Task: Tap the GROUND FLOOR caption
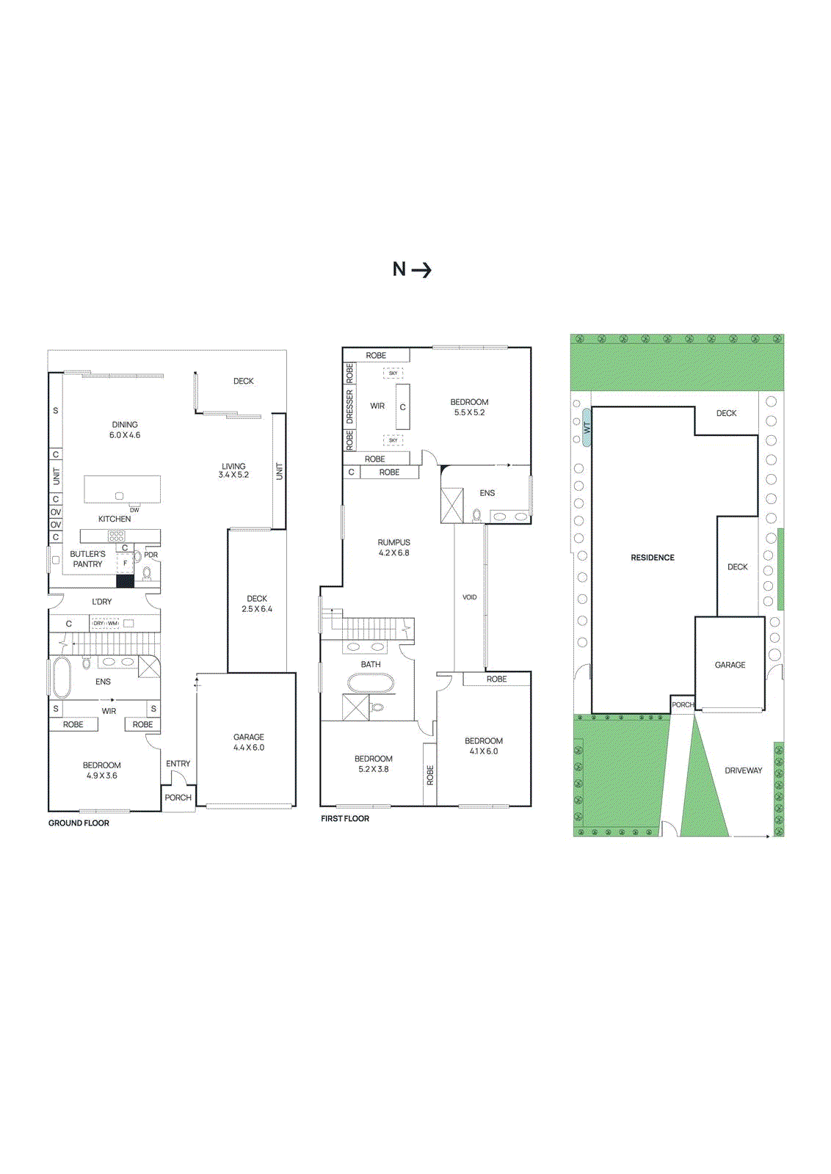click(x=79, y=823)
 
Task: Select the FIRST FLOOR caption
click(x=345, y=819)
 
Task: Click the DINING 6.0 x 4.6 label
click(x=125, y=430)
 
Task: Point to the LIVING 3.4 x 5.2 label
click(x=233, y=470)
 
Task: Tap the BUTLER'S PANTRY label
click(x=87, y=559)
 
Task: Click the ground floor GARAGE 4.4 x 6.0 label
click(x=249, y=742)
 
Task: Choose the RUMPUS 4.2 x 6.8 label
click(x=394, y=547)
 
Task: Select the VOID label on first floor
click(x=470, y=597)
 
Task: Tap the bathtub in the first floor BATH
click(x=370, y=683)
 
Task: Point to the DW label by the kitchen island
click(x=134, y=510)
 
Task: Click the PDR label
click(x=151, y=555)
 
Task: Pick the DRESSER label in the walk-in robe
click(x=350, y=406)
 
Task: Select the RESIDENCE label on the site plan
click(x=653, y=558)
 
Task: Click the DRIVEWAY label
click(x=743, y=770)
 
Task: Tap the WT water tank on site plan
click(x=587, y=427)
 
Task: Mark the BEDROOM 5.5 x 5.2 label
click(x=469, y=407)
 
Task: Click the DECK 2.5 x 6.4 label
click(x=257, y=604)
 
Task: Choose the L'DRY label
click(x=102, y=602)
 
